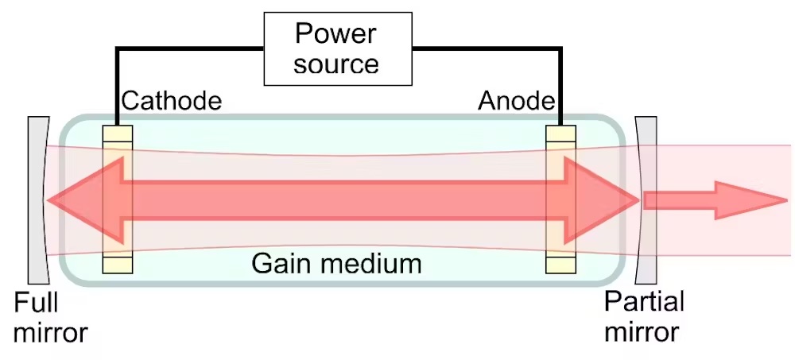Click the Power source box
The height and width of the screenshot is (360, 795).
(x=338, y=48)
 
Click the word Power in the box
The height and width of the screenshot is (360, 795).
(x=335, y=33)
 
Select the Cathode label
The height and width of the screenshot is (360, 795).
(x=172, y=101)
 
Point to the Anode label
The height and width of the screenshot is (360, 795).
(x=516, y=101)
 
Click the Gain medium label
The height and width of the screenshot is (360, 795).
(x=336, y=264)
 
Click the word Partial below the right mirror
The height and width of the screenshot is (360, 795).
(x=644, y=301)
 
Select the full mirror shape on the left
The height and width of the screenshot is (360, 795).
(x=38, y=200)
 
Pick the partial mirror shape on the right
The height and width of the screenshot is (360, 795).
(x=646, y=200)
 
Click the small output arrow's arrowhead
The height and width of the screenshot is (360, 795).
(x=750, y=200)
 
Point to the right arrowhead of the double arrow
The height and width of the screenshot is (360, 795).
(x=601, y=200)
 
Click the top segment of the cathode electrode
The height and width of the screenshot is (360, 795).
(x=118, y=134)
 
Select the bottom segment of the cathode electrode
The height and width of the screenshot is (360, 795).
(x=118, y=265)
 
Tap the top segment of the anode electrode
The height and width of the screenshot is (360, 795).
(x=560, y=134)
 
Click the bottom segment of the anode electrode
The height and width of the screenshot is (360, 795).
(x=560, y=265)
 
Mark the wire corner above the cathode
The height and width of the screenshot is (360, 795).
(x=117, y=48)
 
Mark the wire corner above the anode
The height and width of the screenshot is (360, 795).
(x=560, y=48)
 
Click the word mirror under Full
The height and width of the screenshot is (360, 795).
(x=51, y=333)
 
